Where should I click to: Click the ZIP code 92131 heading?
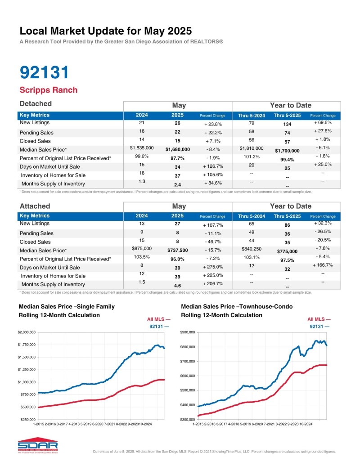point(45,73)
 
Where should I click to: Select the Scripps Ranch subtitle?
point(49,90)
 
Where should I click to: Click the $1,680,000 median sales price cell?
point(177,149)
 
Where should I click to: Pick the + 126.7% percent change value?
point(211,166)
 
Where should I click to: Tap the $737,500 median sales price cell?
point(177,250)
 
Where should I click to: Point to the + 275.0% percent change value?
point(211,267)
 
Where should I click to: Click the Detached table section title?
point(36,104)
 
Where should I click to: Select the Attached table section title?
point(35,206)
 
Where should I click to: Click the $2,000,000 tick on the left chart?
point(26,332)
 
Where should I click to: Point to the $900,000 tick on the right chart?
point(188,332)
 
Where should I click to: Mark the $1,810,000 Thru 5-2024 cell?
point(251,148)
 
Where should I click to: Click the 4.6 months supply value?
point(177,285)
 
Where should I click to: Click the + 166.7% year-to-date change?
point(323,265)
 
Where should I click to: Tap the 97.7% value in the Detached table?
point(177,158)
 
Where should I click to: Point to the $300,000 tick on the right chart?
point(188,419)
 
